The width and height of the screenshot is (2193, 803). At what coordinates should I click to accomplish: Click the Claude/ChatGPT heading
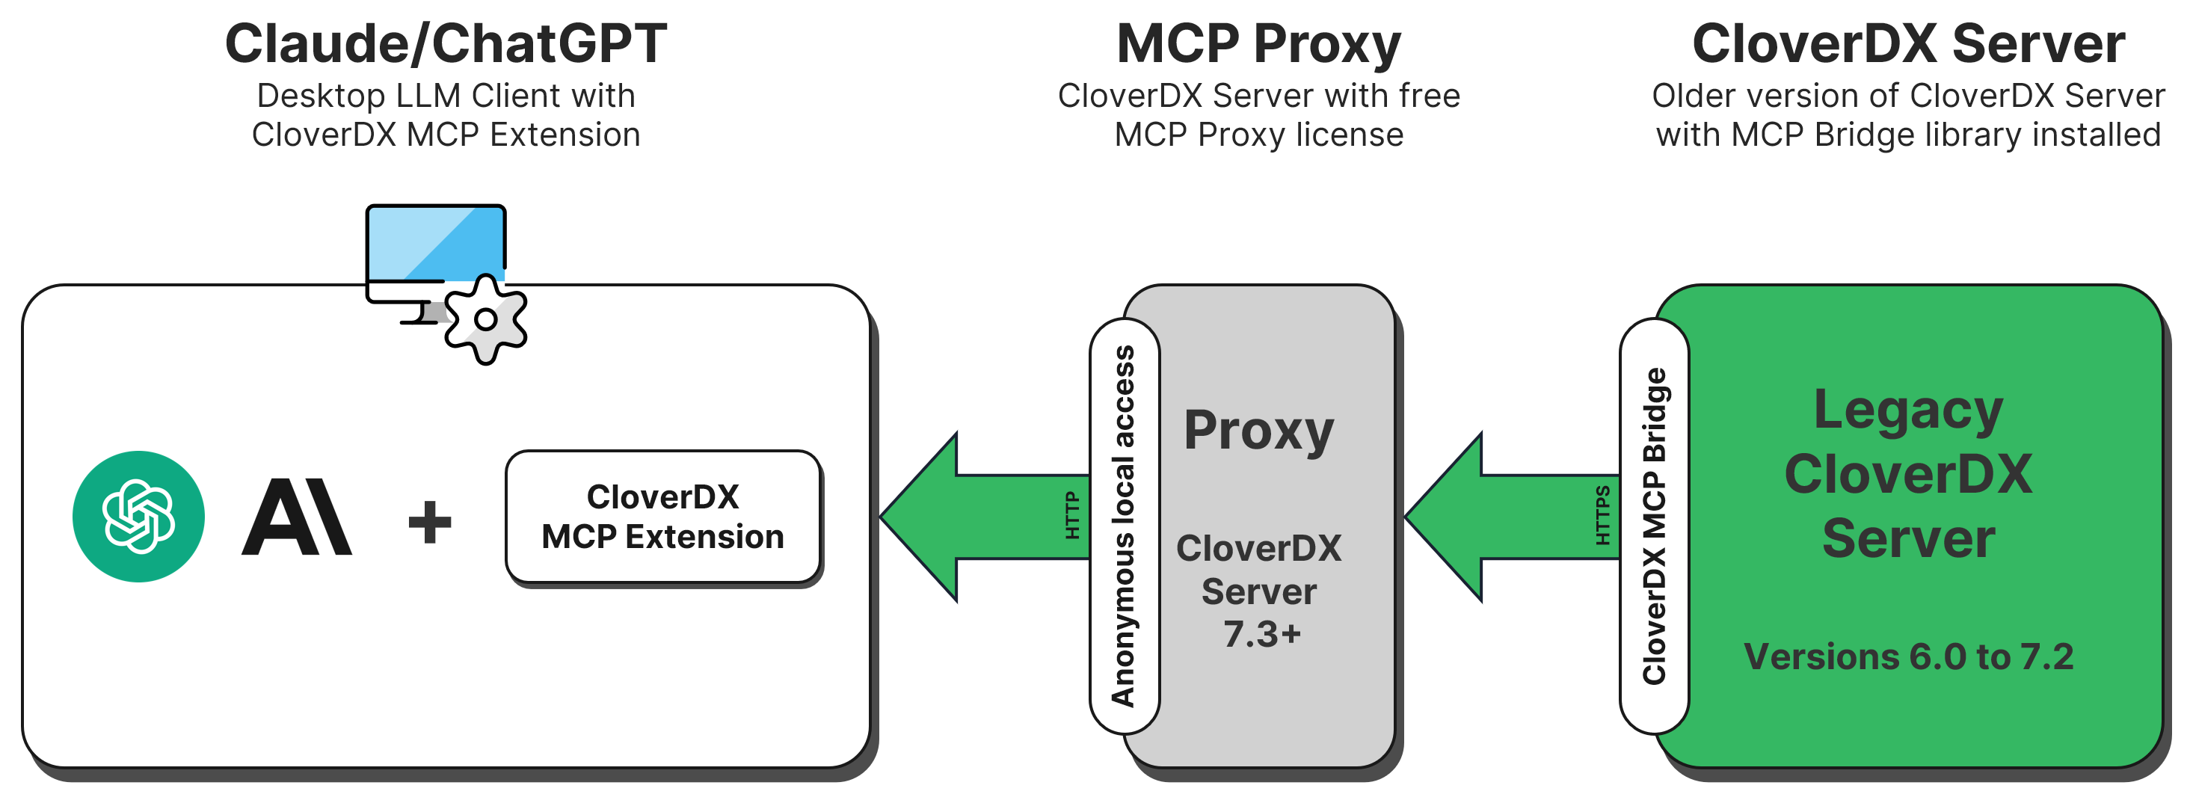pyautogui.click(x=445, y=44)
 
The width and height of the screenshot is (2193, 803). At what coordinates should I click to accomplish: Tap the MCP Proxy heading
pyautogui.click(x=1258, y=44)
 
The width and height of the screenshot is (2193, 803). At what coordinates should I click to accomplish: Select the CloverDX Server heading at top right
pyautogui.click(x=1908, y=44)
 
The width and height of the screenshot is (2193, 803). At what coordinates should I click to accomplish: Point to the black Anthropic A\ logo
pyautogui.click(x=296, y=517)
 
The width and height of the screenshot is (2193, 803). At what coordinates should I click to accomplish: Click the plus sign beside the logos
pyautogui.click(x=430, y=521)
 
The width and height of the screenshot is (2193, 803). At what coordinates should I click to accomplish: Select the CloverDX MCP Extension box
pyautogui.click(x=662, y=517)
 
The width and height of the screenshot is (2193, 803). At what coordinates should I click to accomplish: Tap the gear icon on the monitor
pyautogui.click(x=485, y=320)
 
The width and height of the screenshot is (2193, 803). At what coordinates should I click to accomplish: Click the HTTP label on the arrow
pyautogui.click(x=1071, y=515)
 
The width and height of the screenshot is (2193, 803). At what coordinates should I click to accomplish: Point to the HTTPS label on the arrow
pyautogui.click(x=1602, y=515)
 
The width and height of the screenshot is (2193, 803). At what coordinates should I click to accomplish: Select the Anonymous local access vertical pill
pyautogui.click(x=1124, y=526)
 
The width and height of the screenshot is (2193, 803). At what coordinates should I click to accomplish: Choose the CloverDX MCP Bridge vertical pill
pyautogui.click(x=1653, y=526)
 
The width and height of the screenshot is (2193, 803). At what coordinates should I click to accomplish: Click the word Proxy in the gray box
pyautogui.click(x=1258, y=431)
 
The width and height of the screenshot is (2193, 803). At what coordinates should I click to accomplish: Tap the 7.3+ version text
pyautogui.click(x=1261, y=634)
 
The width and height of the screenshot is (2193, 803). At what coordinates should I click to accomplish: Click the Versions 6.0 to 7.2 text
pyautogui.click(x=1908, y=656)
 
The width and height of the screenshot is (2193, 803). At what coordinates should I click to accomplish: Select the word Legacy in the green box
pyautogui.click(x=1908, y=410)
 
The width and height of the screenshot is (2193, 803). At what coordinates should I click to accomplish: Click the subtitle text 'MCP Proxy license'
pyautogui.click(x=1258, y=135)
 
